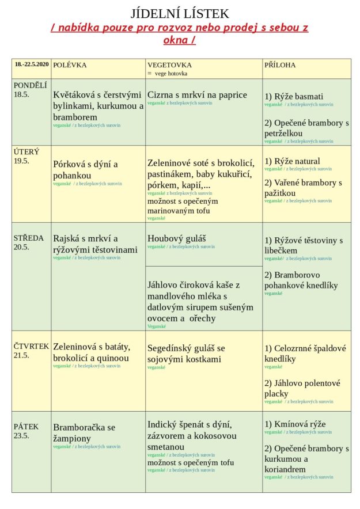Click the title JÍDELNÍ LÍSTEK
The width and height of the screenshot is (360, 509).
coord(180,14)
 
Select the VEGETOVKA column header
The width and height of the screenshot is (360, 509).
coord(169,65)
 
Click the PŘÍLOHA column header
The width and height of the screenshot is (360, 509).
coord(280,65)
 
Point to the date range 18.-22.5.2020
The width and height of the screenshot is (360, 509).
coord(32,64)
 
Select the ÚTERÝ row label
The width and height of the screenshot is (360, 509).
coord(26,152)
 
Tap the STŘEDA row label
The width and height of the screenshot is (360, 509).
coord(29,238)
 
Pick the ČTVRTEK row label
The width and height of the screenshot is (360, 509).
coord(31,346)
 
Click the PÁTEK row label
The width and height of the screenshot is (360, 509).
coord(26,427)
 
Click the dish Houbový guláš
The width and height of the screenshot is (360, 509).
coord(177,238)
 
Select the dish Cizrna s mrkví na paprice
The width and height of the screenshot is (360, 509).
coord(197,95)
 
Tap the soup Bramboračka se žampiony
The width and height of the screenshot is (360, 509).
coord(84,432)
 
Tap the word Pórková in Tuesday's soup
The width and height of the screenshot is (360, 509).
coord(69,164)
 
